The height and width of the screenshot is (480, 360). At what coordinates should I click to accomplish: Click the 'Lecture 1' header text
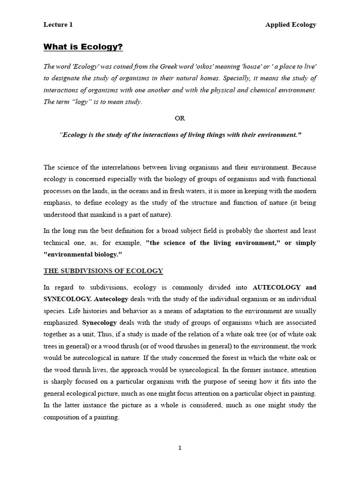pos(58,25)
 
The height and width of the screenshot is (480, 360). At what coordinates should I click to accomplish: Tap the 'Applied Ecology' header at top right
pos(291,25)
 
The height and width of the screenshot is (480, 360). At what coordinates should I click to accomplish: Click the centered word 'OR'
pos(180,118)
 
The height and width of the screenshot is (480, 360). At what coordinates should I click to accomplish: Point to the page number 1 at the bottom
pos(180,448)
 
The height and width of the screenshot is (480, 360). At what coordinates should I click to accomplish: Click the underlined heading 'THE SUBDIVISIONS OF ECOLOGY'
pos(103,271)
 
